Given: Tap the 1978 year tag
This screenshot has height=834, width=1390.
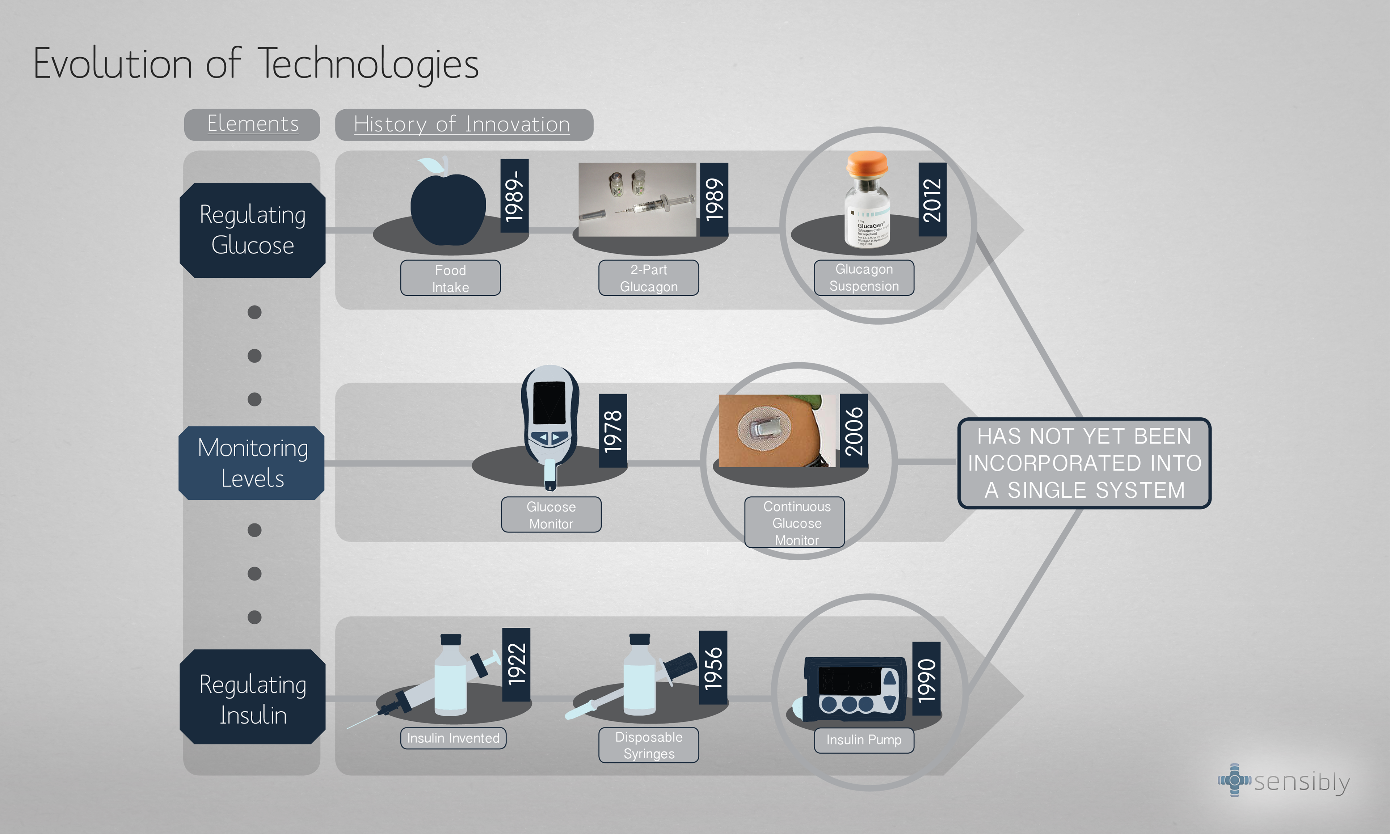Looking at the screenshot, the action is [612, 430].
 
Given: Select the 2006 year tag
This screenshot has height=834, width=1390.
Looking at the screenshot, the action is [854, 430].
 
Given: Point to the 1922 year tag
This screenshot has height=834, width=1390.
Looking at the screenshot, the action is [516, 664].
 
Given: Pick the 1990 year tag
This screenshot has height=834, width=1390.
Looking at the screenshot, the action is [926, 679].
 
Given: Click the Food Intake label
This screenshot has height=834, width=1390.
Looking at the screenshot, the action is [450, 278].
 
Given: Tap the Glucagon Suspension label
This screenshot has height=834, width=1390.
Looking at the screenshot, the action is [864, 278].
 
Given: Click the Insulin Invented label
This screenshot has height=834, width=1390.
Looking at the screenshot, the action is [453, 738].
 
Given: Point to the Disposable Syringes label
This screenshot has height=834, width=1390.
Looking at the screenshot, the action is [648, 745].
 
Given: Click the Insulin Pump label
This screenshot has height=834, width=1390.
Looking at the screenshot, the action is [864, 740].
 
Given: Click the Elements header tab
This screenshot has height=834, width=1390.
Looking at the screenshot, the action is [252, 124].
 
